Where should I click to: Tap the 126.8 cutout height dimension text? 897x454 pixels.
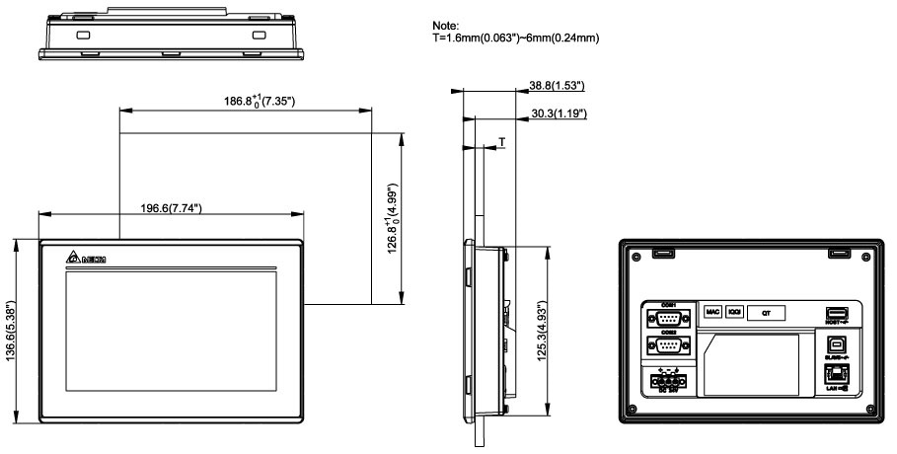pos(391,218)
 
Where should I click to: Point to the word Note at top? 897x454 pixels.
pos(446,26)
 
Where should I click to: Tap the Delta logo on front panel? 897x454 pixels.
pos(87,259)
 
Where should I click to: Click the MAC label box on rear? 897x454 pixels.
pos(712,312)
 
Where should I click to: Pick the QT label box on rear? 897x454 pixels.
pos(766,312)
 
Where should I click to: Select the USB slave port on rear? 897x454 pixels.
pos(835,346)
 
